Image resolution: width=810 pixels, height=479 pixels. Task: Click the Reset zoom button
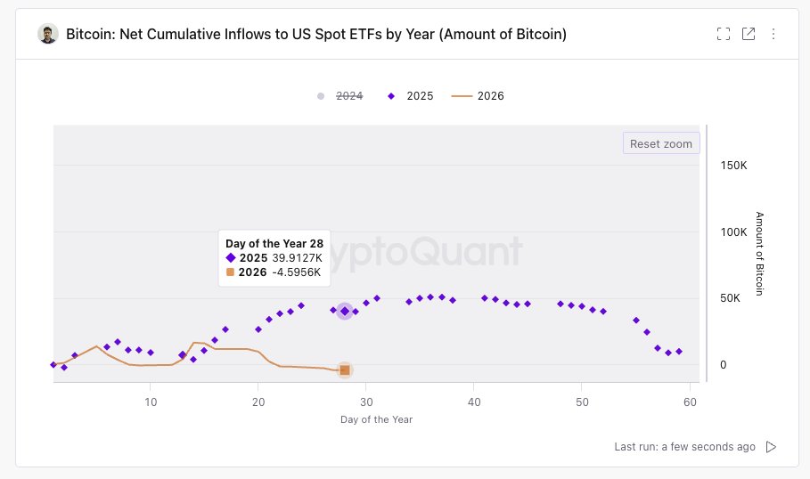pyautogui.click(x=660, y=143)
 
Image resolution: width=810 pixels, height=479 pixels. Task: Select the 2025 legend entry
pyautogui.click(x=411, y=96)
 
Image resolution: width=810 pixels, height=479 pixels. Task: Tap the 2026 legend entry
pyautogui.click(x=479, y=96)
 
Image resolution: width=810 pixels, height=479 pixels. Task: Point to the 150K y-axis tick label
pyautogui.click(x=734, y=166)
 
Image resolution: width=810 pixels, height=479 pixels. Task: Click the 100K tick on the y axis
pyautogui.click(x=734, y=232)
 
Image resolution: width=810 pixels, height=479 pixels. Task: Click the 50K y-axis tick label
pyautogui.click(x=731, y=298)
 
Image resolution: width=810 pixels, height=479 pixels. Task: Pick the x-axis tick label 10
pyautogui.click(x=151, y=402)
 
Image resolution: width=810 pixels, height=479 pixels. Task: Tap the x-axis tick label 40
pyautogui.click(x=474, y=402)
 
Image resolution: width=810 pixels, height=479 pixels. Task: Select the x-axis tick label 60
pyautogui.click(x=689, y=402)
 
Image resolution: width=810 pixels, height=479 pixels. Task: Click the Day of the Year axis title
pyautogui.click(x=376, y=419)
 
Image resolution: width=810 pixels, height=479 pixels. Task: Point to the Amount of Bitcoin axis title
pyautogui.click(x=759, y=254)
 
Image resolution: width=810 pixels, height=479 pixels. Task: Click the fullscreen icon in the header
pyautogui.click(x=724, y=34)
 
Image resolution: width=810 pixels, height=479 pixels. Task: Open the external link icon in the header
pyautogui.click(x=749, y=34)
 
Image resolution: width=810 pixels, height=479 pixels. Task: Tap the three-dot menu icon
pyautogui.click(x=773, y=34)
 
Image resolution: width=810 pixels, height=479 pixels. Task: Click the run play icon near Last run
pyautogui.click(x=772, y=447)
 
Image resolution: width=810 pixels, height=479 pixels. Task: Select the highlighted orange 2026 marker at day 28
pyautogui.click(x=345, y=370)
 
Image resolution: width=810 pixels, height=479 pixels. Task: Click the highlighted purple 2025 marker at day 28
pyautogui.click(x=345, y=311)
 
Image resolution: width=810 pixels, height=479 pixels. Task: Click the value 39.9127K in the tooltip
pyautogui.click(x=298, y=257)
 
